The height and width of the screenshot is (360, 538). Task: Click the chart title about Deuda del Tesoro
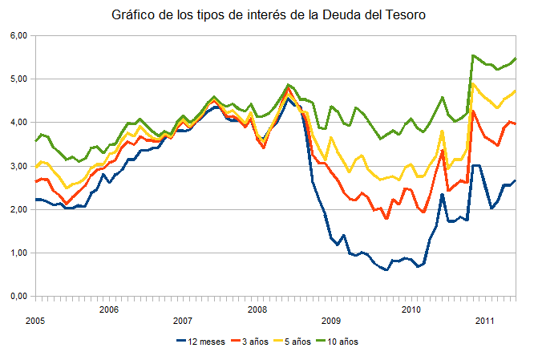point(268,15)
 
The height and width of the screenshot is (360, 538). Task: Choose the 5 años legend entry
point(309,342)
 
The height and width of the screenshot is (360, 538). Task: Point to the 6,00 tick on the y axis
point(18,36)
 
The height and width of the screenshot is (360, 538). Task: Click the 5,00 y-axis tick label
point(18,79)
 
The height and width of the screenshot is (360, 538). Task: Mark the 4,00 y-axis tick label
point(18,123)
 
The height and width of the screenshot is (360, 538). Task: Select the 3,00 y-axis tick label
point(18,166)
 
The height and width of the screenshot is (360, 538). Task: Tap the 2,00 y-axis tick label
point(18,209)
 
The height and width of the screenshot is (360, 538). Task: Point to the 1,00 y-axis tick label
point(18,253)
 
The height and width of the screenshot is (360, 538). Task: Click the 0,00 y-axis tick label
point(18,296)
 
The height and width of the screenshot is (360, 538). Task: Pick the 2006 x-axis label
point(109,309)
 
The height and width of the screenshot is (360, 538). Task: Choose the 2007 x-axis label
point(183,320)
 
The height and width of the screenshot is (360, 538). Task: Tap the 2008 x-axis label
point(257,309)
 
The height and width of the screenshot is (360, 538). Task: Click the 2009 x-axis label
point(331,320)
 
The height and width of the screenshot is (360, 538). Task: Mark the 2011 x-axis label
point(484,320)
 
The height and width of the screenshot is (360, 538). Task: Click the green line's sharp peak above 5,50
point(473,55)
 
